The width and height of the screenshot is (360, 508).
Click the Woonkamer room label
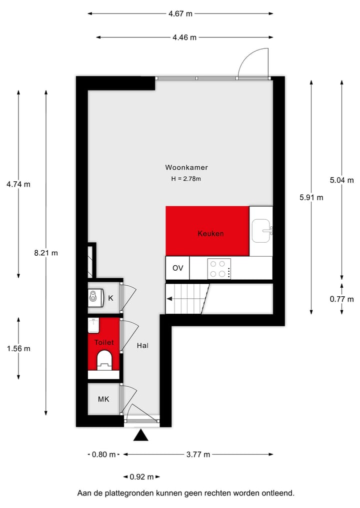pyautogui.click(x=186, y=168)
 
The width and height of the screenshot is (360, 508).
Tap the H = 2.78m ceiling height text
pyautogui.click(x=186, y=178)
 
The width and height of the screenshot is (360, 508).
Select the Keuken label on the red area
pyautogui.click(x=210, y=233)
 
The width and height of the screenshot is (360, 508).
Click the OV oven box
pyautogui.click(x=178, y=268)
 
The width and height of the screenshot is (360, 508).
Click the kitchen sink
pyautogui.click(x=261, y=231)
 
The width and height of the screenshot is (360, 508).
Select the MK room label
pyautogui.click(x=103, y=399)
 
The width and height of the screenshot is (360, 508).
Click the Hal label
pyautogui.click(x=142, y=345)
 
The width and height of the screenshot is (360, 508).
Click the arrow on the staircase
pyautogui.click(x=171, y=299)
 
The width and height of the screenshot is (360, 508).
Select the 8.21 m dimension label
pyautogui.click(x=46, y=253)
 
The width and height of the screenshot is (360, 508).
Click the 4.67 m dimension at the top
pyautogui.click(x=180, y=14)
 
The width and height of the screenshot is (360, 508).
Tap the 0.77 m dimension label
pyautogui.click(x=341, y=299)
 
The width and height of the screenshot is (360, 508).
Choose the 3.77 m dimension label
pyautogui.click(x=198, y=454)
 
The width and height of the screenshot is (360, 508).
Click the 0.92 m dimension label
pyautogui.click(x=141, y=477)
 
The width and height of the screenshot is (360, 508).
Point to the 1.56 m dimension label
pyautogui.click(x=18, y=349)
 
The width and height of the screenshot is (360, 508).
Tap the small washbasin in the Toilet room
pyautogui.click(x=93, y=325)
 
